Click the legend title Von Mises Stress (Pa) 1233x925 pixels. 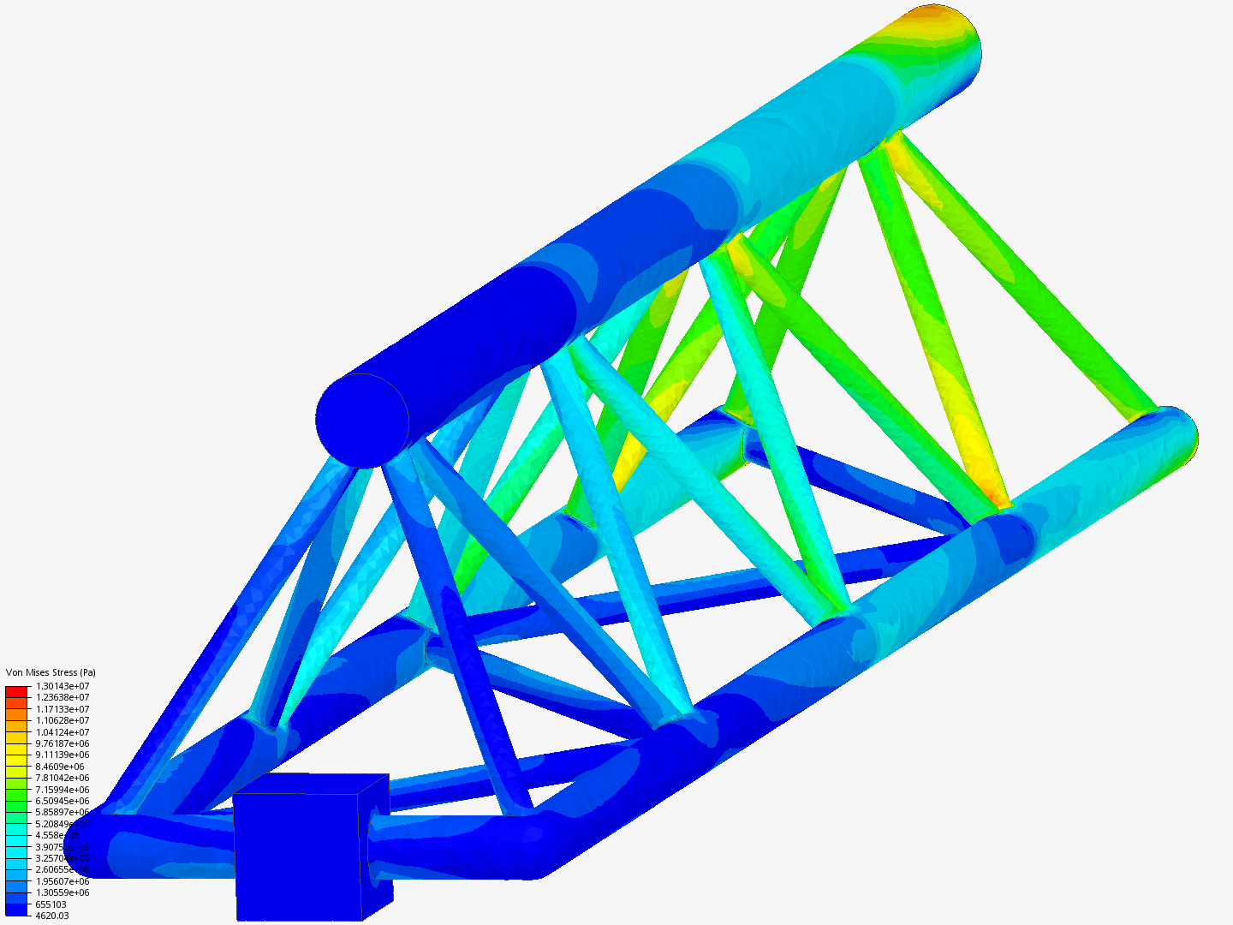pos(51,672)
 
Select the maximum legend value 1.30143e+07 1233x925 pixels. pos(62,686)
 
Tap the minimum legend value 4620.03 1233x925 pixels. pos(51,916)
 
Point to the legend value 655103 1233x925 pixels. pos(51,904)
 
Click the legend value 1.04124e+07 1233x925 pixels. pos(62,732)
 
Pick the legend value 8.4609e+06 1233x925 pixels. pos(60,767)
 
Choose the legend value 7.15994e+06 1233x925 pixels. pos(62,790)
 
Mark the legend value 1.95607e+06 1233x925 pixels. pos(62,881)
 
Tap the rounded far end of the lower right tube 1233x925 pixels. pos(1186,438)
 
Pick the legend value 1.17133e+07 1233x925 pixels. pos(62,709)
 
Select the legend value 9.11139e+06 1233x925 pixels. pos(62,755)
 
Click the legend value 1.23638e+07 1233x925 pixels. pos(62,697)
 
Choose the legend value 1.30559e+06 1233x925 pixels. pos(62,892)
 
